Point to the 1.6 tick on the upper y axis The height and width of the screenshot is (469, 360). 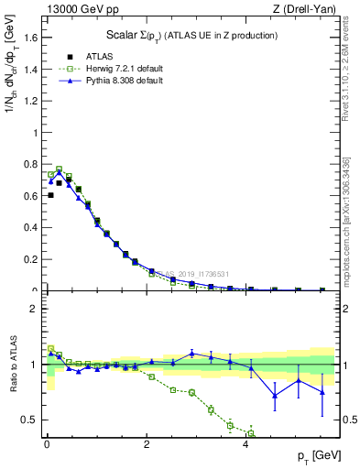click(x=30, y=37)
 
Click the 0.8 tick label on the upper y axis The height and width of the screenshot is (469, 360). click(x=30, y=164)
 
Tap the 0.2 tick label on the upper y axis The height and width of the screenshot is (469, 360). click(x=30, y=259)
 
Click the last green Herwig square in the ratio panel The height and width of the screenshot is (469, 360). click(x=250, y=433)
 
